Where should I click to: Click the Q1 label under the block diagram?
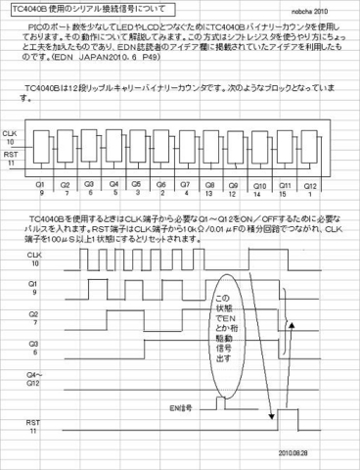[40, 182]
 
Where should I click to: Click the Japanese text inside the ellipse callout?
[222, 328]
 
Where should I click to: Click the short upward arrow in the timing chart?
[288, 337]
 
